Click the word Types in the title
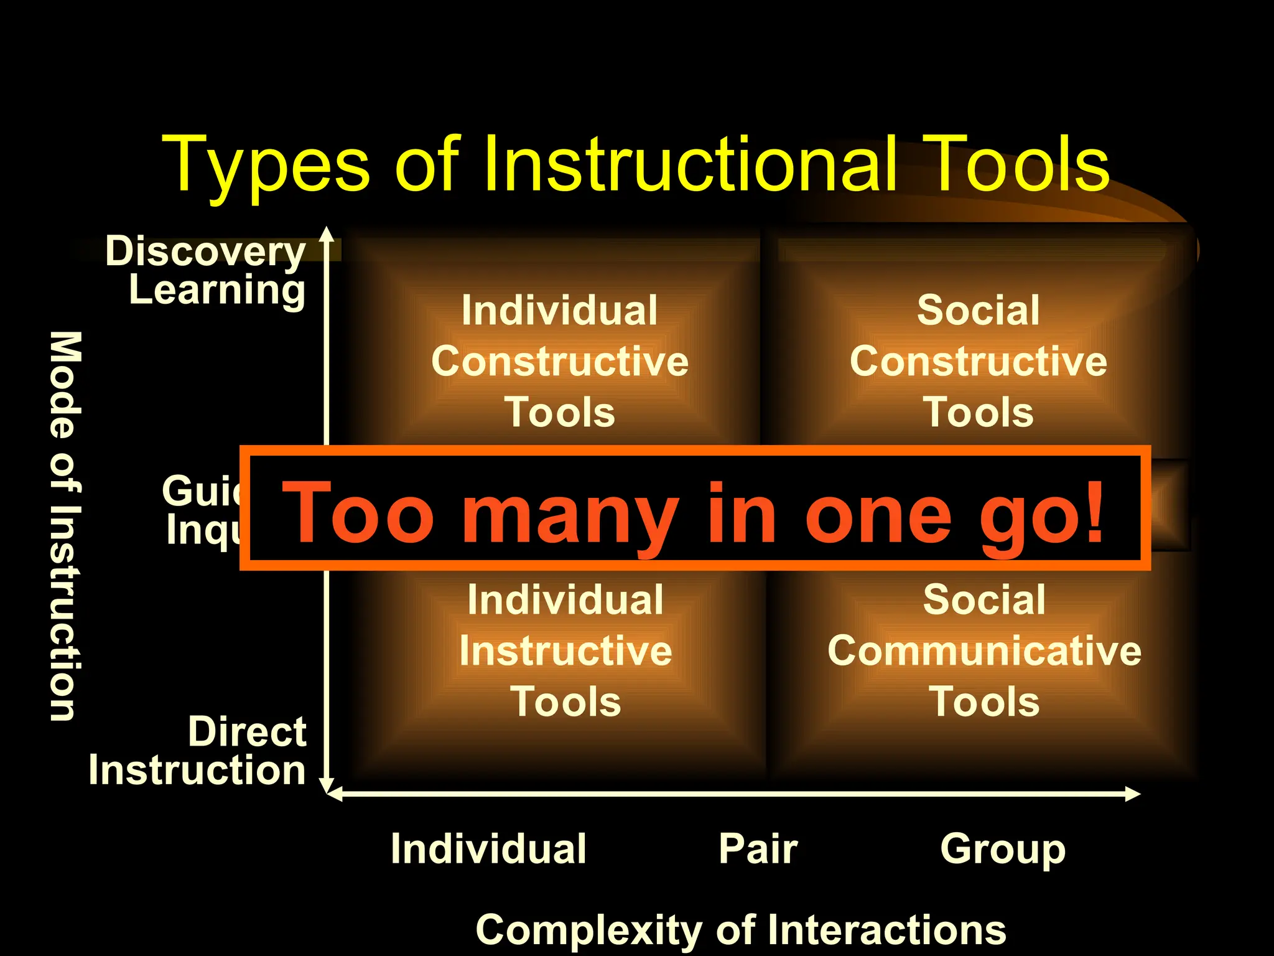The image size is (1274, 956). pos(266,166)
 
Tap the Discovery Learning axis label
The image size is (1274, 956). pos(205,271)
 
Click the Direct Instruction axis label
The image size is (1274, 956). pos(198,751)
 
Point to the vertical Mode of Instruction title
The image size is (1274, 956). pos(65,526)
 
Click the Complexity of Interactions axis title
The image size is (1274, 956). pos(740,930)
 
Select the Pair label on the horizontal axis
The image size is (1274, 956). pos(758,849)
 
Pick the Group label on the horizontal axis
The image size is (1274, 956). pos(1003,849)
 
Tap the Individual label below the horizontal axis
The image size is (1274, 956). pos(488,849)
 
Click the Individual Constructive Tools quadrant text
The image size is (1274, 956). pos(560,362)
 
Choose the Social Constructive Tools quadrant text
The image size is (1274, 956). pos(979,362)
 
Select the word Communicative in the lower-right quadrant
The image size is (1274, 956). pos(984,651)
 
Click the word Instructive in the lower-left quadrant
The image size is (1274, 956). pos(565,651)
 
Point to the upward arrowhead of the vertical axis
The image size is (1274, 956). pos(327,234)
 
